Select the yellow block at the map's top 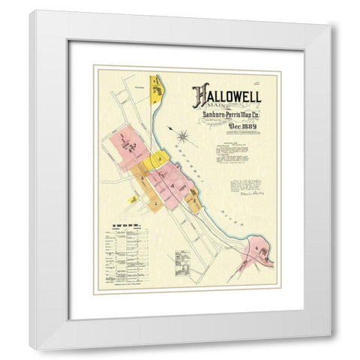[158, 90]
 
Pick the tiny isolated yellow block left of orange [132, 199]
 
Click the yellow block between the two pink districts [159, 160]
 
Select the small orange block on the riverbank [193, 199]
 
